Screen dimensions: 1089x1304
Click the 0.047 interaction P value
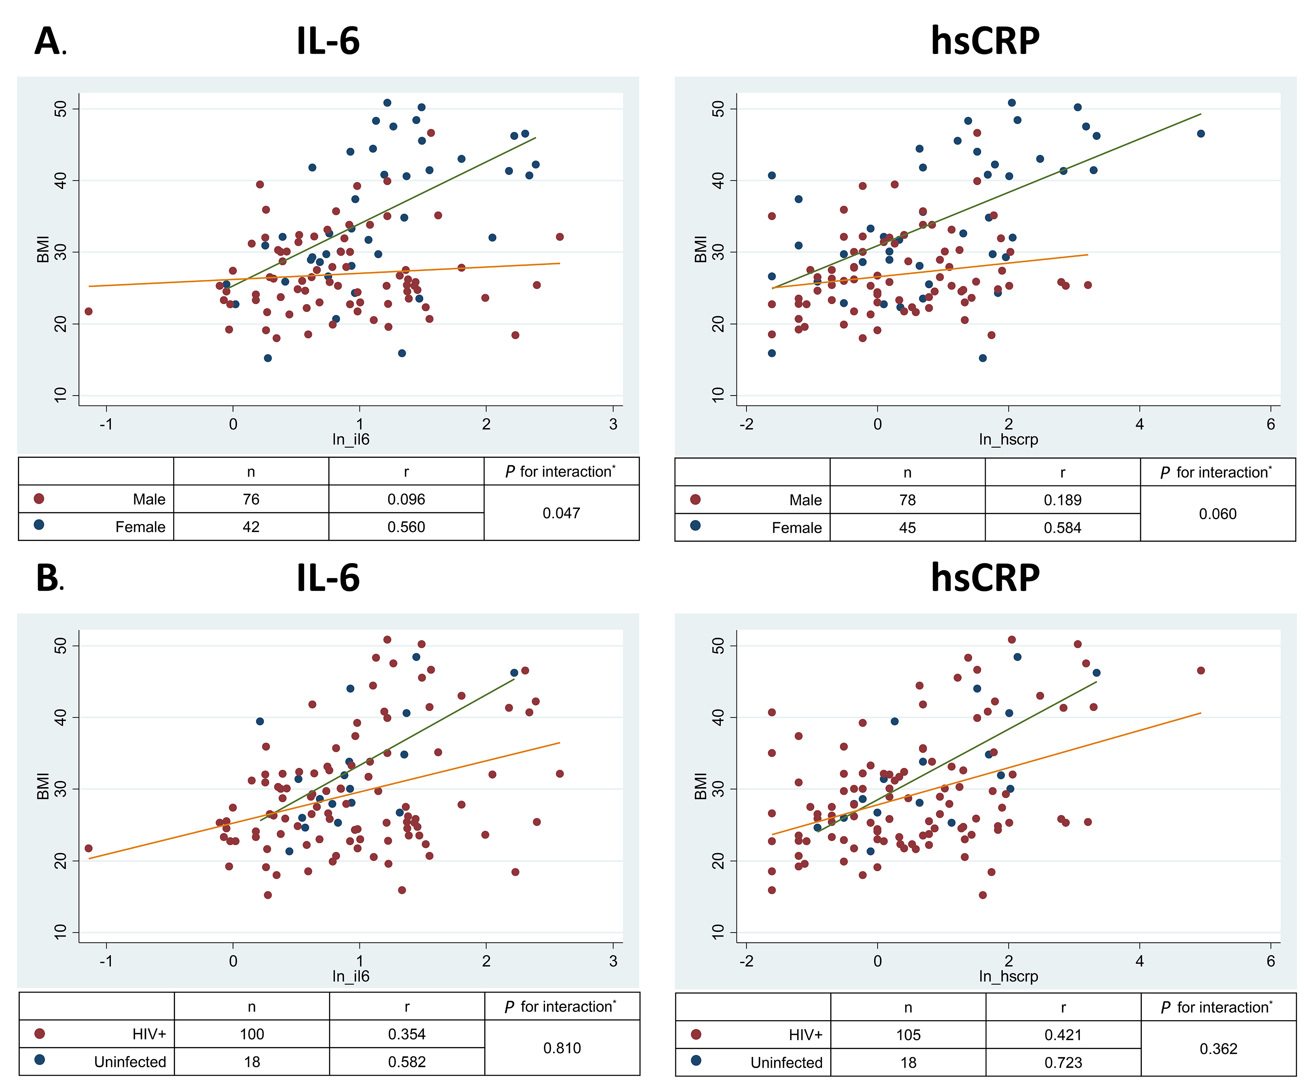(x=561, y=513)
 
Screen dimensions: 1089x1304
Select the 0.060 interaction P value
(x=1218, y=514)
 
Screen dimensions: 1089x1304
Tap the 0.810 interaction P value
(x=562, y=1048)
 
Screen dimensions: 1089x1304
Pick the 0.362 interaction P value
(x=1218, y=1049)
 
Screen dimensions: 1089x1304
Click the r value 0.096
(x=406, y=499)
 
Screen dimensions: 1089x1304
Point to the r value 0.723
(x=1063, y=1062)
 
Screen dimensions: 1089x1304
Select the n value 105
(x=908, y=1035)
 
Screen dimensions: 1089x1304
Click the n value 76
(x=251, y=499)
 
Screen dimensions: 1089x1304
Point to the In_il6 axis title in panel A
(x=351, y=439)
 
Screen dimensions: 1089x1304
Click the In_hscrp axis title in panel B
(x=1008, y=976)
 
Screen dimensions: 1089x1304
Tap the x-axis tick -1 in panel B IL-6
(x=106, y=961)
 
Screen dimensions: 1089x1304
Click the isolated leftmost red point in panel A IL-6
(x=88, y=311)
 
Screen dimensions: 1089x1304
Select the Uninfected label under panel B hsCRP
(x=786, y=1062)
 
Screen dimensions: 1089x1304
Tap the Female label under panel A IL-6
(x=140, y=527)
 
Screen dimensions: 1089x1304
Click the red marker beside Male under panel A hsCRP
(x=696, y=500)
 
